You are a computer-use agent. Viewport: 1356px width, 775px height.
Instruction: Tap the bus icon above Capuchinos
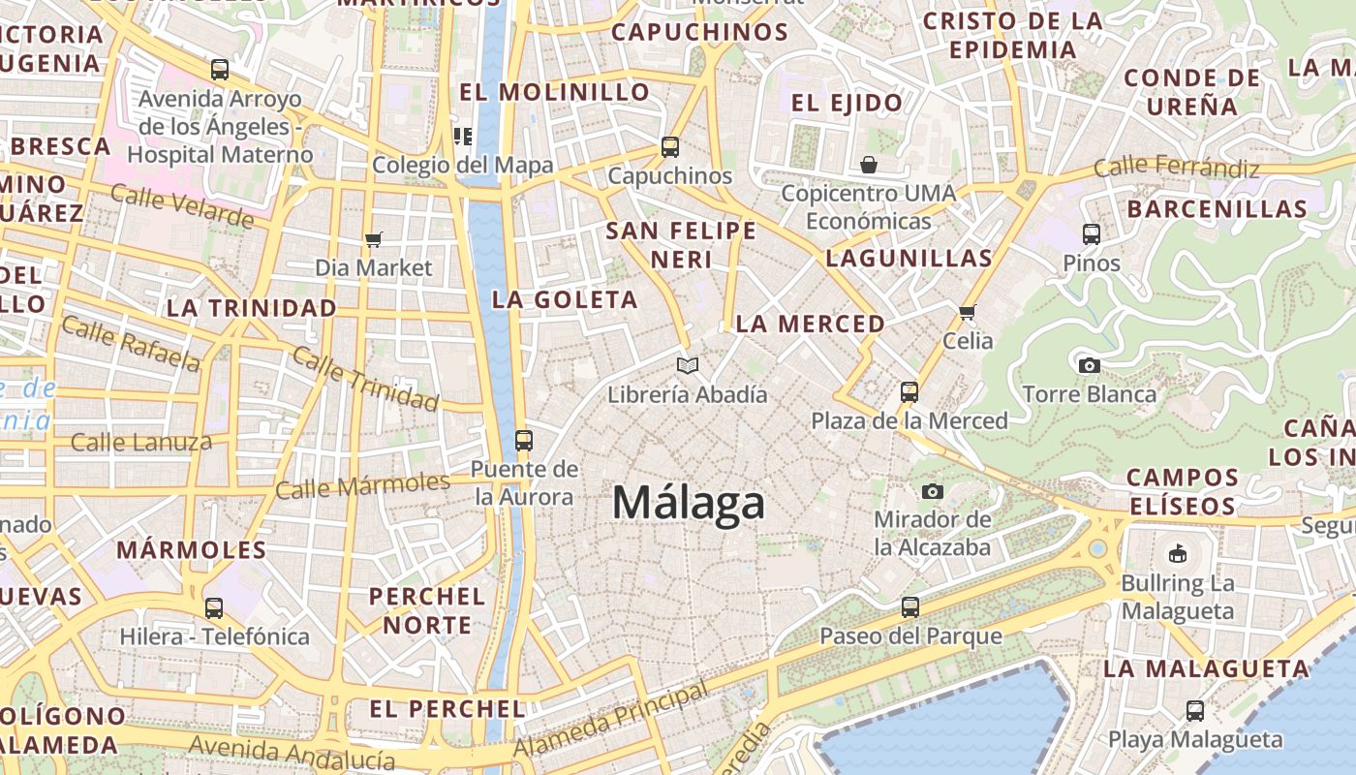[x=669, y=147]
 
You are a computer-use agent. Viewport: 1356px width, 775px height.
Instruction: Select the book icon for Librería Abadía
[x=688, y=366]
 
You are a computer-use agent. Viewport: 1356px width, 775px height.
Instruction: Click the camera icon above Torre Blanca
[x=1090, y=365]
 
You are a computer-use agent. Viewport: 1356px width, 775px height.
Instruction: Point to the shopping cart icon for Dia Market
[x=374, y=239]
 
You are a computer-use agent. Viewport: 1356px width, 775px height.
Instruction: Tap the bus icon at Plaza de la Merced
[x=909, y=392]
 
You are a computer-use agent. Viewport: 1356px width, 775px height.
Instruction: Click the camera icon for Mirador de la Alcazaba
[x=933, y=491]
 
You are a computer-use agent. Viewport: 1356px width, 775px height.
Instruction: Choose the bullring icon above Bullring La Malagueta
[x=1177, y=554]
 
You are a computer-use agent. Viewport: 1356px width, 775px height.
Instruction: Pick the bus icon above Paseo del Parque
[x=910, y=607]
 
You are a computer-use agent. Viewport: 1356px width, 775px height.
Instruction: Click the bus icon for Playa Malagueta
[x=1195, y=710]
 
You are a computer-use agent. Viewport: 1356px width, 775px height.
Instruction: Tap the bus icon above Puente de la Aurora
[x=524, y=441]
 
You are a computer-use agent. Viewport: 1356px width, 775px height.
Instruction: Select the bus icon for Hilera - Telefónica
[x=214, y=608]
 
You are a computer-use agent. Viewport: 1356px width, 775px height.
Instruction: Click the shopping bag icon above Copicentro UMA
[x=869, y=165]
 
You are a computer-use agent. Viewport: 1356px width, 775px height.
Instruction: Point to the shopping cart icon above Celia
[x=967, y=312]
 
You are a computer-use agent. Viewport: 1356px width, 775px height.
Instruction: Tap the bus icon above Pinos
[x=1092, y=233]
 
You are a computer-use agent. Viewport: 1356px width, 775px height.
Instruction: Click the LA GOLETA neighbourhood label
[x=565, y=299]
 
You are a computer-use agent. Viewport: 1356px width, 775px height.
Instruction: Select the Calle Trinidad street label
[x=365, y=379]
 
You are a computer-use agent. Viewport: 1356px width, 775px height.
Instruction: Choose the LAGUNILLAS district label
[x=909, y=258]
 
